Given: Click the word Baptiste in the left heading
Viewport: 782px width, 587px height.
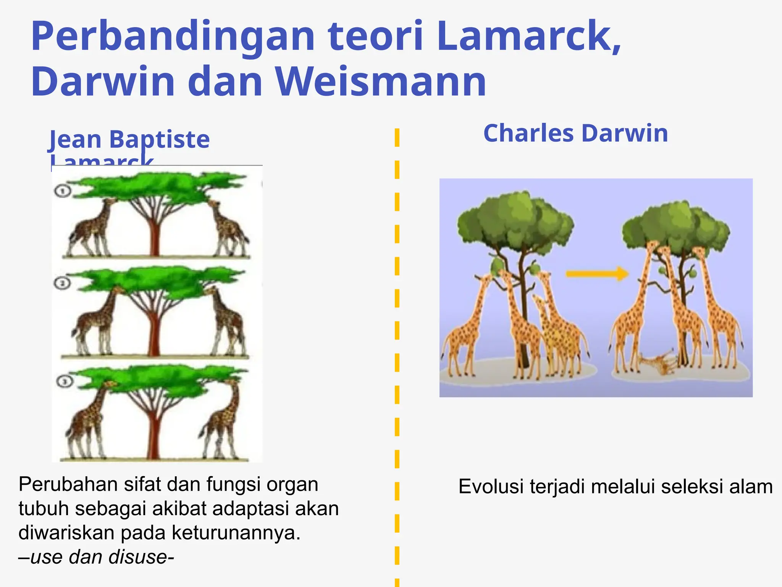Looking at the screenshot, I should pos(160,139).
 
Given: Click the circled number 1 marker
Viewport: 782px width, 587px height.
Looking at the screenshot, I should pos(62,191).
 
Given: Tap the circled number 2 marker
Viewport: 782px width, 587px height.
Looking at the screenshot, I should pos(62,283).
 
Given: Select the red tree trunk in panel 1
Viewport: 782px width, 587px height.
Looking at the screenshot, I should pos(154,237).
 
